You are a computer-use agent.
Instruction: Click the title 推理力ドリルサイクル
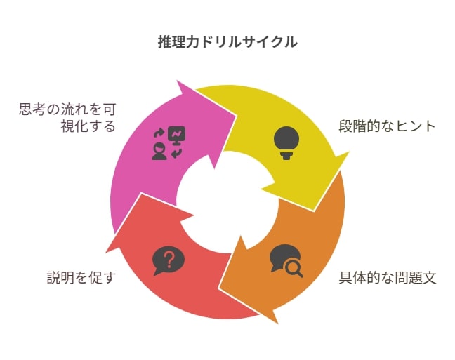pyautogui.click(x=227, y=42)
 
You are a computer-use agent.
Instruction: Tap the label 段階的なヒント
pyautogui.click(x=387, y=126)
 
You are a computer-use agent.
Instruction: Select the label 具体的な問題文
pyautogui.click(x=388, y=278)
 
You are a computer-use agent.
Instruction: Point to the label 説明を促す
pyautogui.click(x=81, y=278)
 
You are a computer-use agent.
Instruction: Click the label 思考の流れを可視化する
pyautogui.click(x=67, y=118)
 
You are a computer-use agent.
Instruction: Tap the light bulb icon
pyautogui.click(x=286, y=143)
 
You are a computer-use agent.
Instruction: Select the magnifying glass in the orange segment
pyautogui.click(x=294, y=269)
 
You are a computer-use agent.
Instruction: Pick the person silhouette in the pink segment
pyautogui.click(x=159, y=152)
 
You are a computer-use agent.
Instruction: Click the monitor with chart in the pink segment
pyautogui.click(x=177, y=135)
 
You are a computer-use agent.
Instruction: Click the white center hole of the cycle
pyautogui.click(x=227, y=202)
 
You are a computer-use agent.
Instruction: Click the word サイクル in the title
pyautogui.click(x=270, y=42)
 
